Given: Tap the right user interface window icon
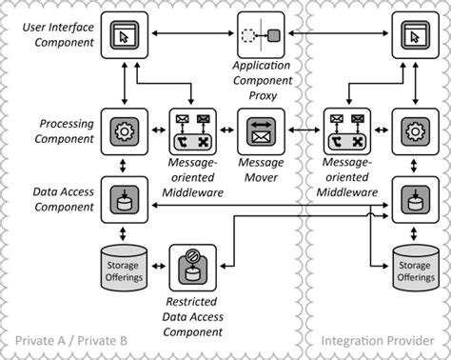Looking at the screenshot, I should [x=415, y=37].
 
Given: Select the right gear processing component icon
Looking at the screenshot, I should [x=415, y=130].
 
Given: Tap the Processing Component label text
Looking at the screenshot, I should [x=66, y=130].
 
